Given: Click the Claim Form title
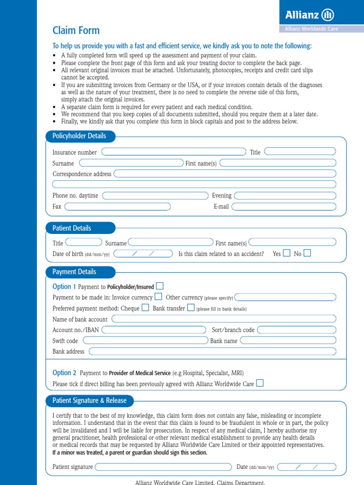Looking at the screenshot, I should pyautogui.click(x=76, y=31).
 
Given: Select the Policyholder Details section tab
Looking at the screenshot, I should pyautogui.click(x=80, y=136).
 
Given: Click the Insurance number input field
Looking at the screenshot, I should pyautogui.click(x=174, y=152).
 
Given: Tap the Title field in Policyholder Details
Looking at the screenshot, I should pyautogui.click(x=300, y=152).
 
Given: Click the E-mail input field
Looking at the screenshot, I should pyautogui.click(x=283, y=207).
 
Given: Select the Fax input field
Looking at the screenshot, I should pyautogui.click(x=118, y=207).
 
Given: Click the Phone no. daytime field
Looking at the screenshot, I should pyautogui.click(x=155, y=196).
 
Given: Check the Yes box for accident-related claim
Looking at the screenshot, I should pyautogui.click(x=286, y=253).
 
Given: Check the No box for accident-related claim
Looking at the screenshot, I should pyautogui.click(x=307, y=253).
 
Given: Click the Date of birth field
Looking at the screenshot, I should pyautogui.click(x=144, y=254).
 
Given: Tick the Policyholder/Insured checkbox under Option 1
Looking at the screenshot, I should pyautogui.click(x=160, y=286).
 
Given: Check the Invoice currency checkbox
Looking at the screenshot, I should pyautogui.click(x=158, y=297).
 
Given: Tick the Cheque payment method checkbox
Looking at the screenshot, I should pyautogui.click(x=145, y=308).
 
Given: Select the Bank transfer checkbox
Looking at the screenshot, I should pyautogui.click(x=191, y=308).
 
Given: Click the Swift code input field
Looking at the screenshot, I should pyautogui.click(x=145, y=341).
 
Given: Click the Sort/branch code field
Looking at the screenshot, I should pyautogui.click(x=297, y=330).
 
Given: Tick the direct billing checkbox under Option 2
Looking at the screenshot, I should pyautogui.click(x=260, y=383).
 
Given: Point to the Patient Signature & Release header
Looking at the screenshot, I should pyautogui.click(x=89, y=401).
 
